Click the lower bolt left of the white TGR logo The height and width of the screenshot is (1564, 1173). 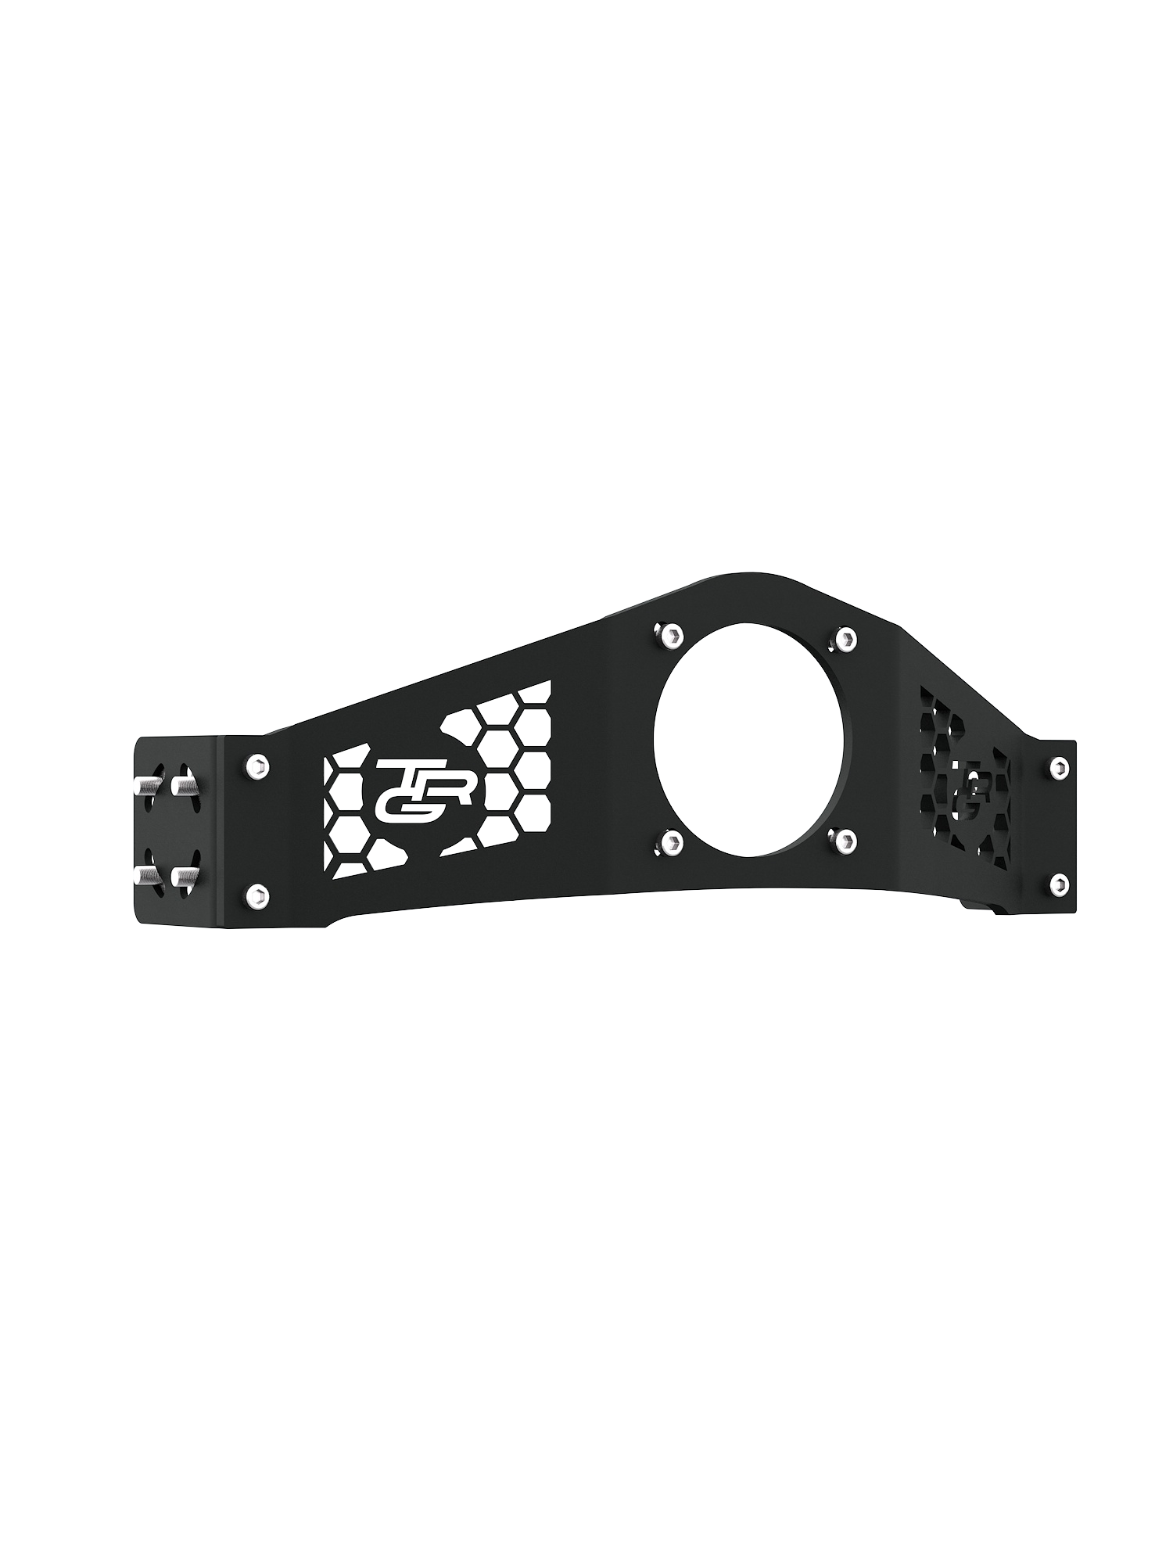tap(256, 895)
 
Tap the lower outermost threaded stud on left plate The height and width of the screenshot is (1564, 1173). tap(145, 873)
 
